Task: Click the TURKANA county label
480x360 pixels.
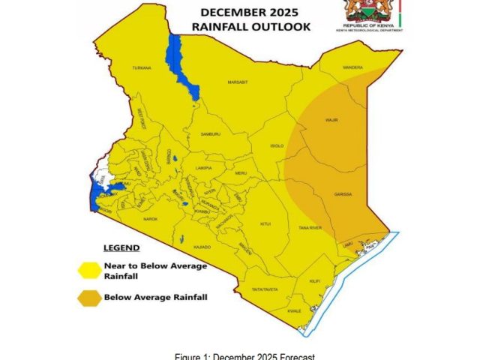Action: (x=142, y=68)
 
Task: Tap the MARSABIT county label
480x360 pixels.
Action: (x=238, y=82)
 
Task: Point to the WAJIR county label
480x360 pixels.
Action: (x=331, y=119)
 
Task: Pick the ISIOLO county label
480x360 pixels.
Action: (x=277, y=145)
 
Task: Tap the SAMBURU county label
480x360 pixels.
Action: (x=211, y=134)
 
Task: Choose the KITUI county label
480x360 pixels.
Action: (x=265, y=223)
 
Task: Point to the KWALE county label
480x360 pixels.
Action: (x=294, y=310)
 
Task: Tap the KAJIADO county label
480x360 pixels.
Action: (x=202, y=246)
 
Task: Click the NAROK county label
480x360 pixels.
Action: (x=151, y=218)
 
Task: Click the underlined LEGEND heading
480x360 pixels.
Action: (x=121, y=247)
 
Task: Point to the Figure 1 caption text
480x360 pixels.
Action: (x=240, y=355)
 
